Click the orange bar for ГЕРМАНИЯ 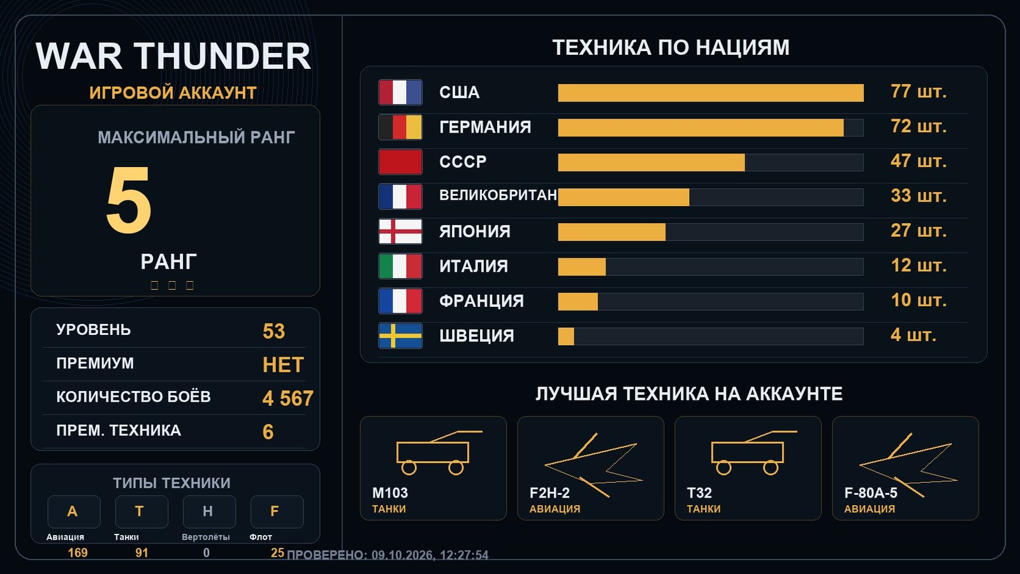click(x=701, y=128)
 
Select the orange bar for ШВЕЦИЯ click(x=566, y=337)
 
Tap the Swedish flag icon click(x=400, y=335)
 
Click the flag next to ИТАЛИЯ click(x=400, y=266)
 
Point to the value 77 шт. click(x=919, y=92)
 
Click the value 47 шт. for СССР click(x=919, y=161)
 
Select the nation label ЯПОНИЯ click(x=474, y=232)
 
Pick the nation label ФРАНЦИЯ click(x=481, y=301)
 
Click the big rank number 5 click(x=128, y=200)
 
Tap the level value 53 click(x=273, y=331)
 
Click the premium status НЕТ click(x=283, y=365)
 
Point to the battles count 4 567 click(x=288, y=399)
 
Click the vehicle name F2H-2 click(x=550, y=493)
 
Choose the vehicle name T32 click(x=699, y=493)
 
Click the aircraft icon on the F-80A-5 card click(x=908, y=465)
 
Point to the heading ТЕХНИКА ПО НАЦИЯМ click(x=671, y=48)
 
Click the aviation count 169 click(x=77, y=553)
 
